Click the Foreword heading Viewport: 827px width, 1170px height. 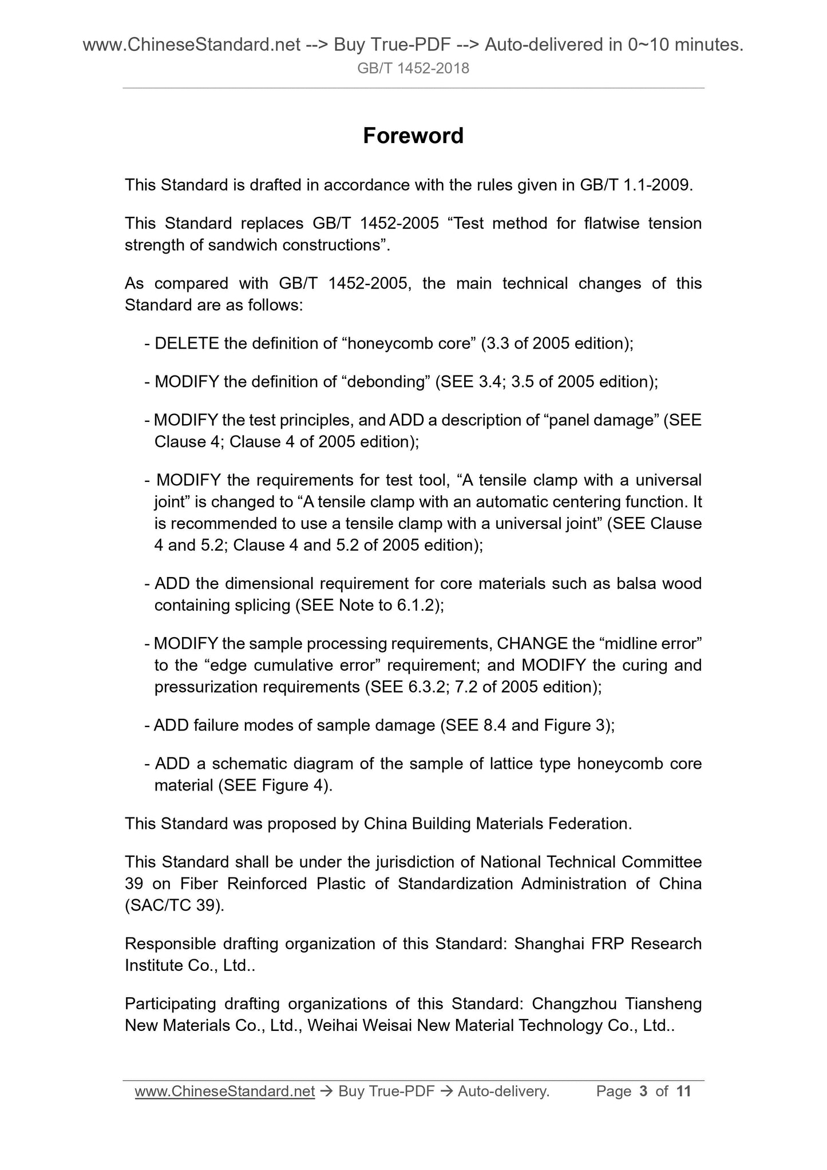(413, 136)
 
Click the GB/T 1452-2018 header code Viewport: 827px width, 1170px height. (413, 69)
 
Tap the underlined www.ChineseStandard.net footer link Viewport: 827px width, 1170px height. (225, 1091)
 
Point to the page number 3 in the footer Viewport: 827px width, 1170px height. (643, 1091)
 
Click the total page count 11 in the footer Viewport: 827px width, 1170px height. (683, 1091)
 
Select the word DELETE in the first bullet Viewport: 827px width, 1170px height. (187, 343)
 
